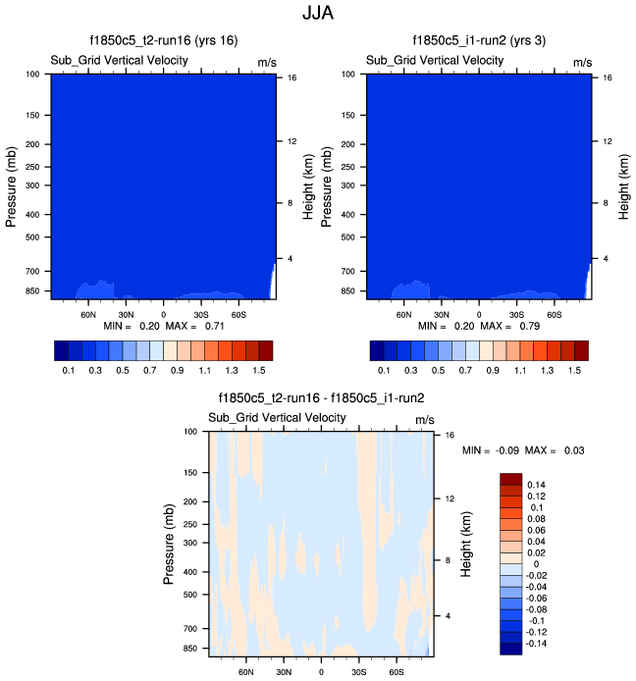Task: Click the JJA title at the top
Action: coord(318,15)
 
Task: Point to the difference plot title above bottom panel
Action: coord(322,398)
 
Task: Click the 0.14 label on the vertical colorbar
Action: coord(537,485)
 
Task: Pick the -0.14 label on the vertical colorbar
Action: coord(539,644)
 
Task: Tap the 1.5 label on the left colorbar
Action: coord(260,371)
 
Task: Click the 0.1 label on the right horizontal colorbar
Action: coord(384,371)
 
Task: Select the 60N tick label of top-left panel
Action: coord(88,316)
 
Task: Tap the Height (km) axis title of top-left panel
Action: coord(308,183)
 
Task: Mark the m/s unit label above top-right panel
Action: coord(583,62)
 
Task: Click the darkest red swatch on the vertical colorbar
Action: coord(511,479)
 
